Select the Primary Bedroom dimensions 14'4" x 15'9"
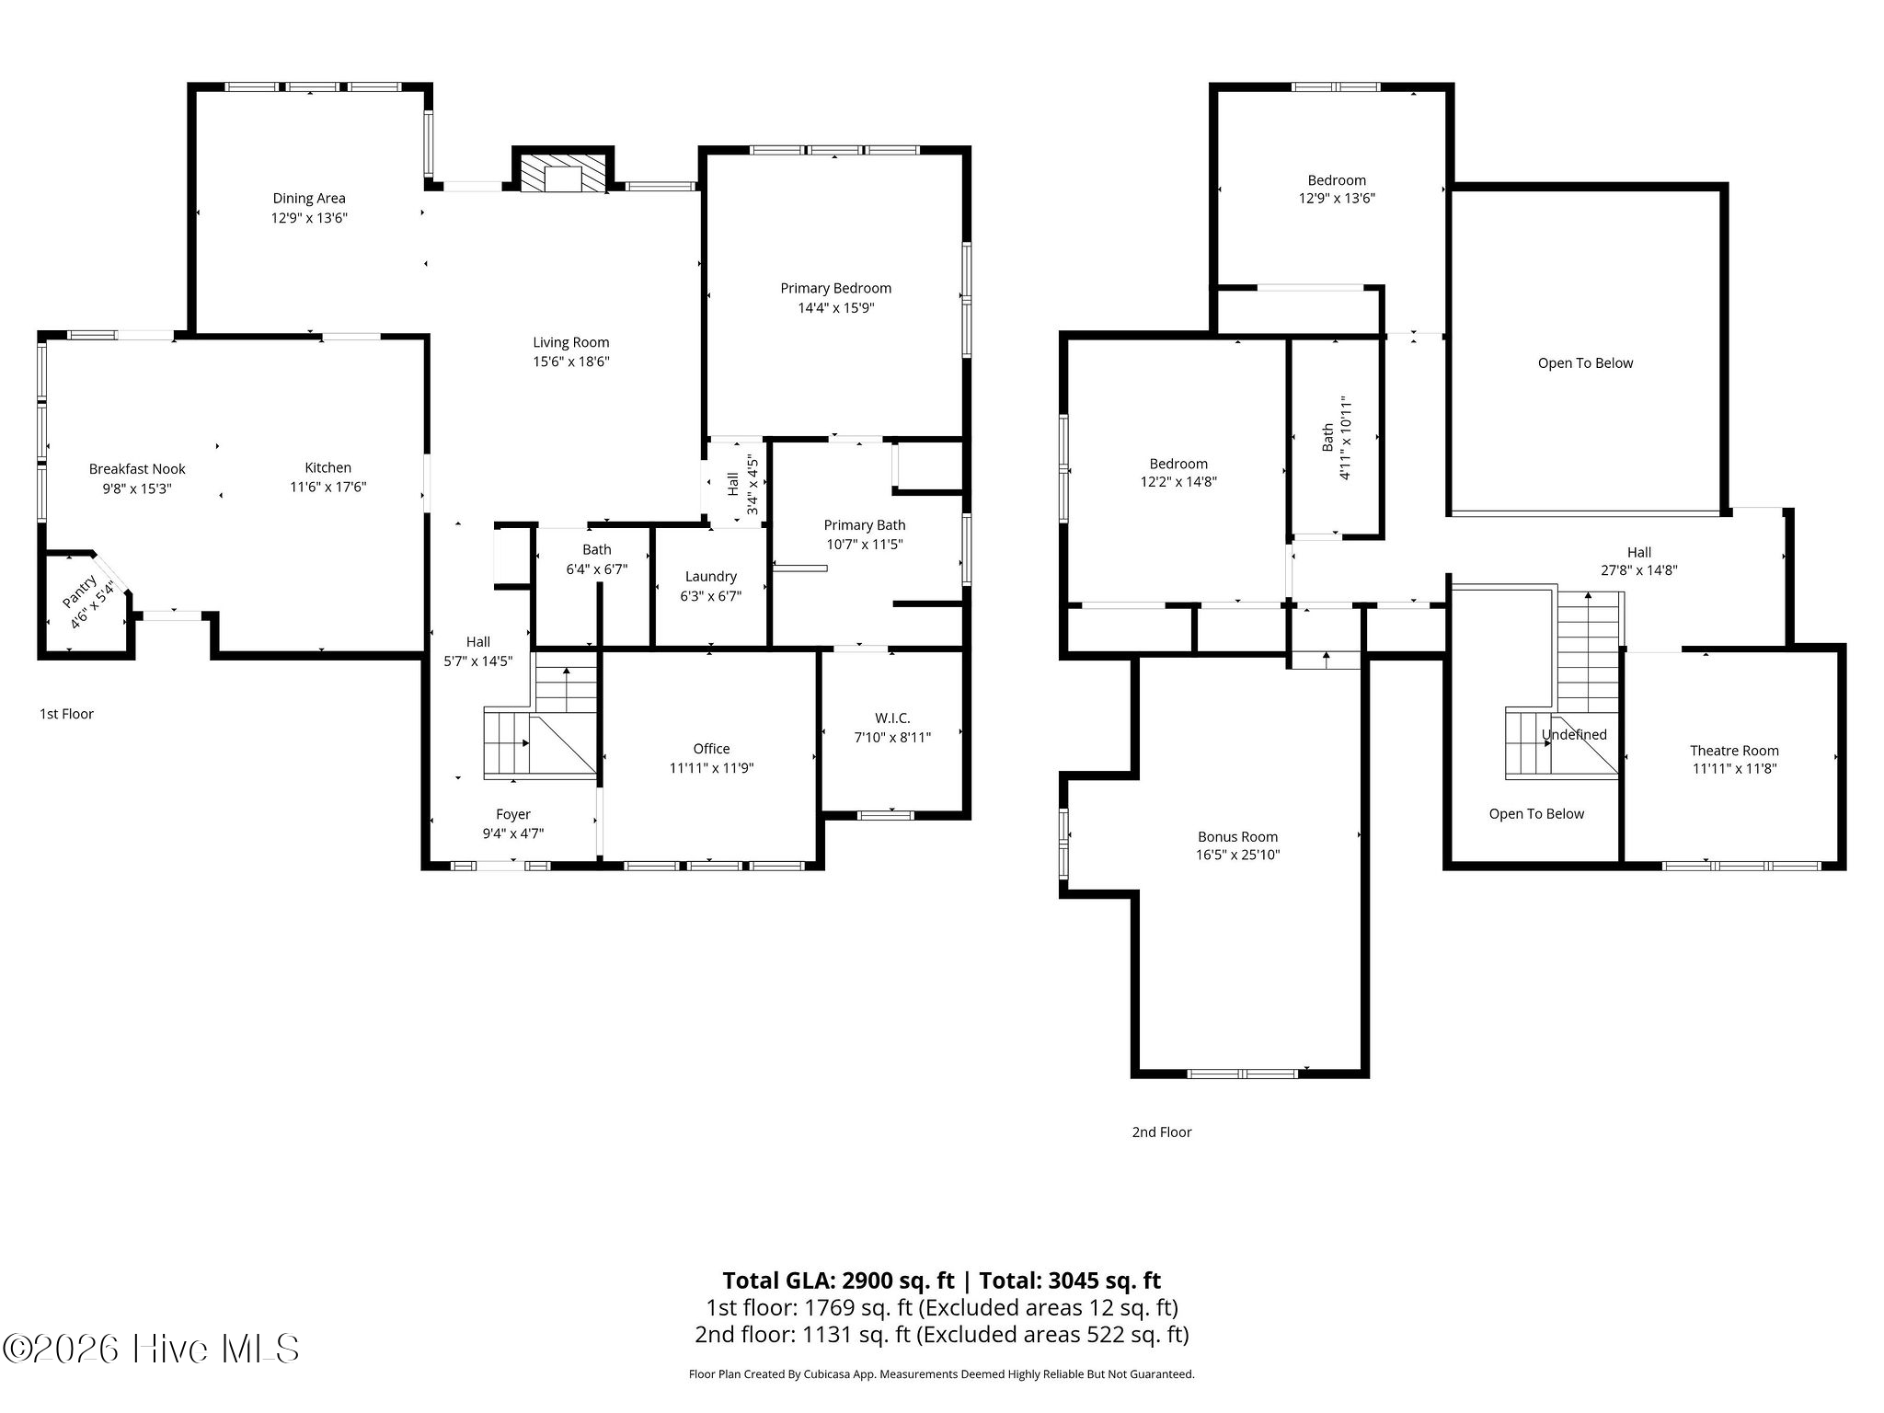[x=835, y=308]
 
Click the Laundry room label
[x=711, y=576]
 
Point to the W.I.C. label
[x=892, y=718]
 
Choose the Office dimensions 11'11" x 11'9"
[x=711, y=768]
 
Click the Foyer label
[x=513, y=814]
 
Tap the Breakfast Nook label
[x=137, y=469]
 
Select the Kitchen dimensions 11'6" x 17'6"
[x=328, y=488]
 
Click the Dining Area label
[x=309, y=199]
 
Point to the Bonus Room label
[x=1237, y=837]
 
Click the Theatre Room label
[x=1734, y=751]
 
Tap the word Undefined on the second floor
[x=1574, y=734]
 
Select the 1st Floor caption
[x=66, y=714]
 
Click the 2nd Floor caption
[x=1162, y=1132]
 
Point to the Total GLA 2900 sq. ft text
[x=838, y=1281]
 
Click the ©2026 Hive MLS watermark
[x=151, y=1350]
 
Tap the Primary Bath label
[x=865, y=525]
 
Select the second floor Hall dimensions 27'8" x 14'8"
[x=1639, y=570]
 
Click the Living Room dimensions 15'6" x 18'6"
[x=571, y=362]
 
